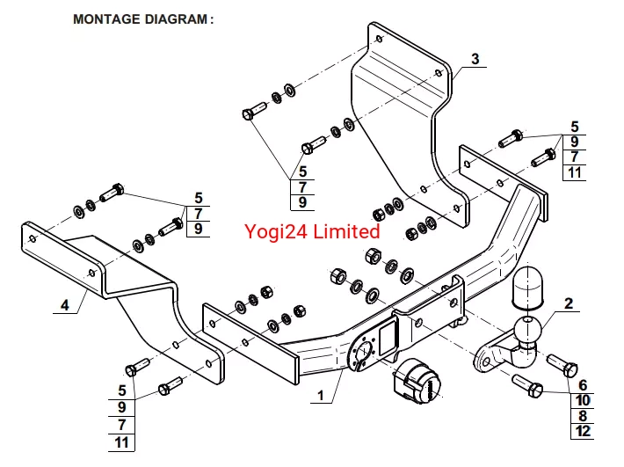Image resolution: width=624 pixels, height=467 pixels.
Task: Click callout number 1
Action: coord(322,396)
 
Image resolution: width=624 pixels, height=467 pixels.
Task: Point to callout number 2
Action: coord(569,304)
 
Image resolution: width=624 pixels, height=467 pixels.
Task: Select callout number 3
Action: coord(475,60)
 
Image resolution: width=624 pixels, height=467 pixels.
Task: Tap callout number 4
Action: coord(64,305)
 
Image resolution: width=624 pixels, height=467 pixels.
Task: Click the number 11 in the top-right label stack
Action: coord(575,171)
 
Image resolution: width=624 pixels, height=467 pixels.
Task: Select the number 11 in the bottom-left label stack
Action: coord(122,441)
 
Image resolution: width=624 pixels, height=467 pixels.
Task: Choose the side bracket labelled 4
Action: coord(105,264)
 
